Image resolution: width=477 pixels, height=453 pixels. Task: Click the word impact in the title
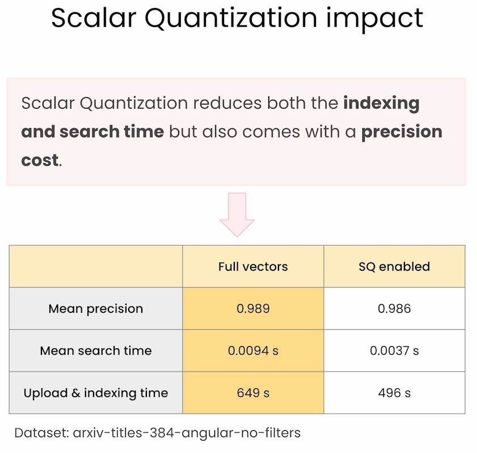coord(374,19)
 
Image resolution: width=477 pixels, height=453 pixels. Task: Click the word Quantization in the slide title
coord(231,19)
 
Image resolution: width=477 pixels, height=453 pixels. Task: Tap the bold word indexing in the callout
coord(382,104)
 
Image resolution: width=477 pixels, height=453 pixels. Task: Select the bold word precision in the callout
coord(402,132)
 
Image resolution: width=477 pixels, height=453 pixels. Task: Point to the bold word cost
coord(40,160)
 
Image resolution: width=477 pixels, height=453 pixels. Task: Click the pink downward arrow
coord(237,215)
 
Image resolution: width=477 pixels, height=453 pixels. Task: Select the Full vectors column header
coord(253,267)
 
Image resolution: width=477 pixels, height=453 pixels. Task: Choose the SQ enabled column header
coord(394,267)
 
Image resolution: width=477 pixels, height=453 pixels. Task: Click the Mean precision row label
coord(96,309)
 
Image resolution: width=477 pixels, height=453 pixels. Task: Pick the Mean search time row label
coord(96,351)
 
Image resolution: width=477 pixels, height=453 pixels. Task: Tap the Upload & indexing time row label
coord(96,393)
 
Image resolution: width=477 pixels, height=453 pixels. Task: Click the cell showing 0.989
coord(253,309)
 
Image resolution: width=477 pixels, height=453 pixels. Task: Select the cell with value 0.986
coord(394,309)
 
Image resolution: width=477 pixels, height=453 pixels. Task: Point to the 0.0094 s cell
coord(253,351)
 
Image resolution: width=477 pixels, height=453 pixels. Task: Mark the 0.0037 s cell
coord(394,351)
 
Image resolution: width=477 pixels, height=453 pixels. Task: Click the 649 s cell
coord(253,393)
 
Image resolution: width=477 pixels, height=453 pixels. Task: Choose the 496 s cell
coord(394,393)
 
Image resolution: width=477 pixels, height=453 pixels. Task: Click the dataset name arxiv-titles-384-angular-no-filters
coord(187,433)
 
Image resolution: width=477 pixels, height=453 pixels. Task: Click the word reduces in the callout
coord(227,103)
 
